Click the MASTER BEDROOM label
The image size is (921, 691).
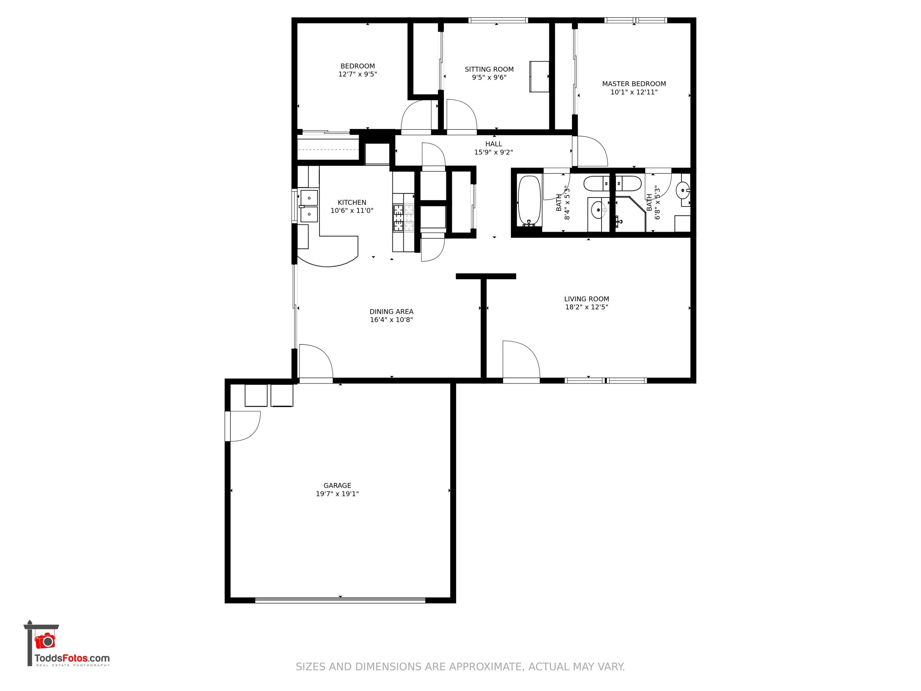tap(634, 84)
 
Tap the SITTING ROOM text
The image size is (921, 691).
tap(489, 69)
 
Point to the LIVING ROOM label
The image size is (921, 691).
tap(586, 299)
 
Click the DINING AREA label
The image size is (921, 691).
tap(391, 312)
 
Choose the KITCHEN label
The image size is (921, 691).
tap(352, 202)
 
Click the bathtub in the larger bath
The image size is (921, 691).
tap(529, 201)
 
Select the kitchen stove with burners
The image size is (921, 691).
tap(403, 218)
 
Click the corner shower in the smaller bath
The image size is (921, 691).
tap(630, 214)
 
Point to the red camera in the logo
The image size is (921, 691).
tap(45, 641)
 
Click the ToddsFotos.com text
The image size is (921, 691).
tap(72, 659)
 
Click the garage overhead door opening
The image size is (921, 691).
tap(340, 600)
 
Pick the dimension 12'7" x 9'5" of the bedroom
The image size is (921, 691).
tap(358, 74)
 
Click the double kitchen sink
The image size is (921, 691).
tap(309, 206)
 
